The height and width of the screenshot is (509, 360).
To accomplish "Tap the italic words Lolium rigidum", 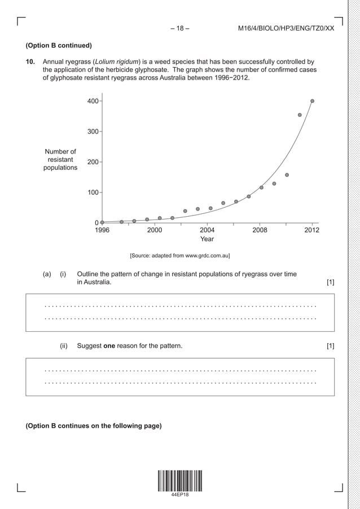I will point(113,61).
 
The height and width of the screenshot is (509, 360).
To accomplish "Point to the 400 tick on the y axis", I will point(93,101).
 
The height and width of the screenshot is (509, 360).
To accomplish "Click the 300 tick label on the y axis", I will point(93,131).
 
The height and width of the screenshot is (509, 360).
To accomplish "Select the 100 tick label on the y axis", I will point(93,192).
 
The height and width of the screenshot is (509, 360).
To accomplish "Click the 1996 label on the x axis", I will point(102,230).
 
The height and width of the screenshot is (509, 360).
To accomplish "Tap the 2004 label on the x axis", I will point(207,230).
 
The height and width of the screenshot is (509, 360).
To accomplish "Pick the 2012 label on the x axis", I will point(311,230).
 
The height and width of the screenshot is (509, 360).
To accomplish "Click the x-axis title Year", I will point(207,239).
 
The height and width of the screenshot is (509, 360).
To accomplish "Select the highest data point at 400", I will point(313,101).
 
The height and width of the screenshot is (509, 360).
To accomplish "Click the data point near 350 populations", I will point(300,115).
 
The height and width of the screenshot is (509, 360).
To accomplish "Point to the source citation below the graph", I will point(179,256).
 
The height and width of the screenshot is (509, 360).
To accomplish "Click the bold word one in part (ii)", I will point(111,345).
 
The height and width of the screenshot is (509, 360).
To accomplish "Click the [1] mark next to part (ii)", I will point(330,345).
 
